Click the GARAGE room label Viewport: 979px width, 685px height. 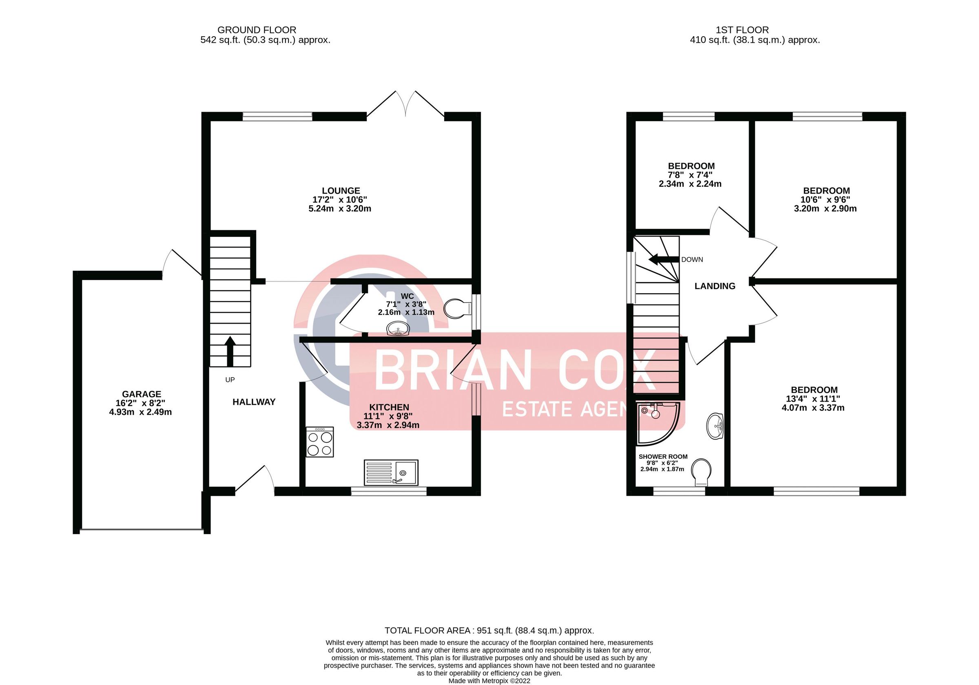click(x=142, y=394)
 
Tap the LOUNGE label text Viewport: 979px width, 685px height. click(x=341, y=190)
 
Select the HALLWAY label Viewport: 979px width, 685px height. click(x=254, y=402)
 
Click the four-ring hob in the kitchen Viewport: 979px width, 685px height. click(x=320, y=442)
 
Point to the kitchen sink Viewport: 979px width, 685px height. click(x=391, y=472)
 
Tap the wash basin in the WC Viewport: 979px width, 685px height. click(x=398, y=329)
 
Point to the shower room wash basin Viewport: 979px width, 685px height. click(x=715, y=425)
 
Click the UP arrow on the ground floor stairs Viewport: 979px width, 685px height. click(x=230, y=350)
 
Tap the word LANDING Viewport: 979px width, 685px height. click(x=715, y=286)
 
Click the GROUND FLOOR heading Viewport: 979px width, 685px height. click(x=257, y=30)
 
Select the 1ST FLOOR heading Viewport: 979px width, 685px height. click(x=742, y=30)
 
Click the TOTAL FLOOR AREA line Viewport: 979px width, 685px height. click(x=489, y=630)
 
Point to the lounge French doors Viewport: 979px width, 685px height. click(x=405, y=104)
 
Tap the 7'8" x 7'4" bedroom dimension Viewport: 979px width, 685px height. click(x=690, y=175)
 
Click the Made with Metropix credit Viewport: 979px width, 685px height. click(x=489, y=681)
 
